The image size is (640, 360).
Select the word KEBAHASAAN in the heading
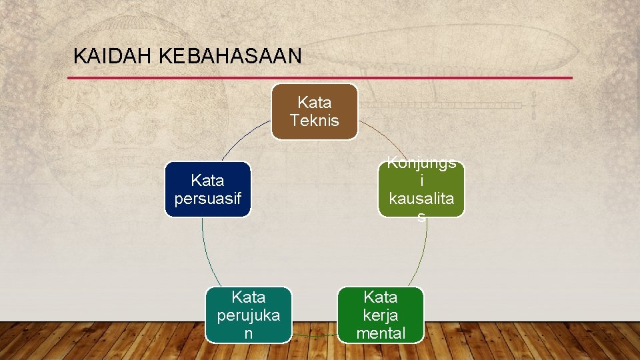coord(230,56)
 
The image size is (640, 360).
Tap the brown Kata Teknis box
coord(314,111)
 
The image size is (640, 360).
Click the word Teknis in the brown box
coord(314,121)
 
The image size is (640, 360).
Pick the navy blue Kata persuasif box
coord(208,189)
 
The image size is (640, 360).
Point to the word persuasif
coord(208,199)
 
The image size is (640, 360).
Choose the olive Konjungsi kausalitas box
coord(421,189)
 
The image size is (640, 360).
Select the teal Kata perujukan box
coord(248,315)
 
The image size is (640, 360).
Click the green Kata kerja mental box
coord(381,315)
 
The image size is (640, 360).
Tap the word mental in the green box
coord(381,333)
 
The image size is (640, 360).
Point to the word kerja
coord(381,315)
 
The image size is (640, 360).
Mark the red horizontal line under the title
coord(320,78)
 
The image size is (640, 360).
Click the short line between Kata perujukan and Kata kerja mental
coord(315,335)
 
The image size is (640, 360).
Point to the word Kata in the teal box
coord(248,297)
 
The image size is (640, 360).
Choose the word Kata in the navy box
coord(208,180)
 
